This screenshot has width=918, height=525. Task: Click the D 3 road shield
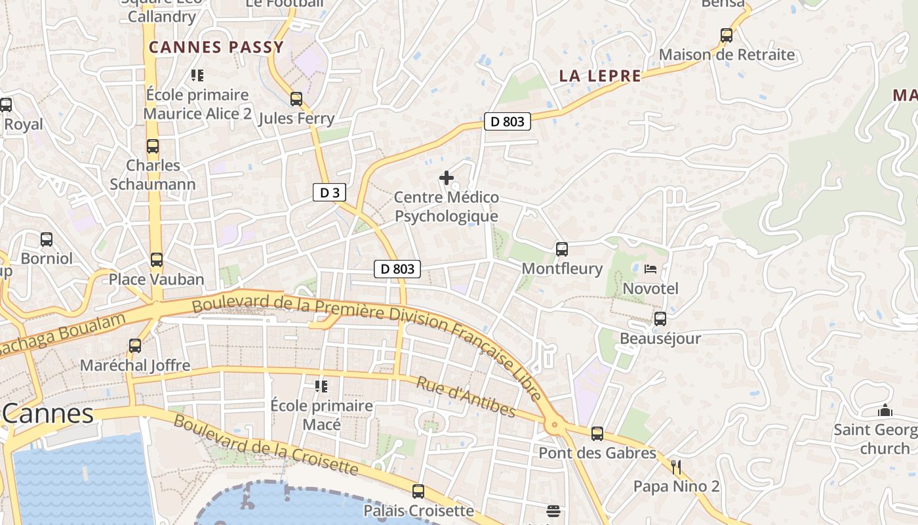pos(329,192)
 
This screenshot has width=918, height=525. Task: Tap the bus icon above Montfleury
pos(562,249)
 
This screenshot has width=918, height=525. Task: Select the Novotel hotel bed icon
pos(650,269)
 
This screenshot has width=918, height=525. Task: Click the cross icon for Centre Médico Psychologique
pos(447,177)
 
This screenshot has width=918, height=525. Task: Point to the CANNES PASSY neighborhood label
pos(216,47)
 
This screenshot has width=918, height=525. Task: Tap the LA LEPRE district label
pos(600,76)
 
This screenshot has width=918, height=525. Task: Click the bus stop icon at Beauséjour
pos(660,319)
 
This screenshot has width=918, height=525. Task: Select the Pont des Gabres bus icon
pos(597,433)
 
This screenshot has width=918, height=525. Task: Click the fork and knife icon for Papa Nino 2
pos(676,467)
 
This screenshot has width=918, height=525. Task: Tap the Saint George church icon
pos(885,411)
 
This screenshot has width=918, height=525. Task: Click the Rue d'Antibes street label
pos(466,397)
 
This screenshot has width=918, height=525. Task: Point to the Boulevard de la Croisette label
pos(266,445)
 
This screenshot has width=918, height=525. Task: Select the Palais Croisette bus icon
pos(418,491)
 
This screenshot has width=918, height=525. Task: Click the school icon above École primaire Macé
pos(321,386)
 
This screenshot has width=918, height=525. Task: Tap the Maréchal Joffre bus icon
pos(135,345)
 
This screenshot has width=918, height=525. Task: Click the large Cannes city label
pos(48,413)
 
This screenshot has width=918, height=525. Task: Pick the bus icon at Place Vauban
pos(157,260)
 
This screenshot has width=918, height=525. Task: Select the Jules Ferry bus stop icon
pos(296,99)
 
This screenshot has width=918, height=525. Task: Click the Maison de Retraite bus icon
pos(727,35)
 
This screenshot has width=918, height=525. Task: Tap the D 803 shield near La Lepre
pos(508,121)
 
